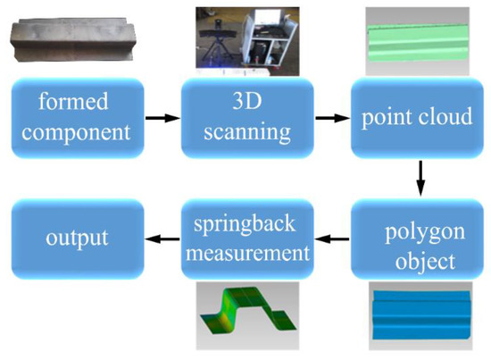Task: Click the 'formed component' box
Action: [77, 115]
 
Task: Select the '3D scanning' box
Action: [247, 115]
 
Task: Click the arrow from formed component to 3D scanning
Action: [162, 116]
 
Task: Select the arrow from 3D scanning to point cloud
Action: [331, 116]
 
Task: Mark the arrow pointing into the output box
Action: [162, 239]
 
